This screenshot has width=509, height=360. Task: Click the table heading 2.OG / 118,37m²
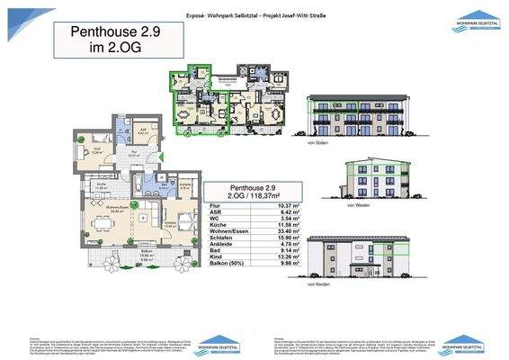(x=250, y=193)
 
